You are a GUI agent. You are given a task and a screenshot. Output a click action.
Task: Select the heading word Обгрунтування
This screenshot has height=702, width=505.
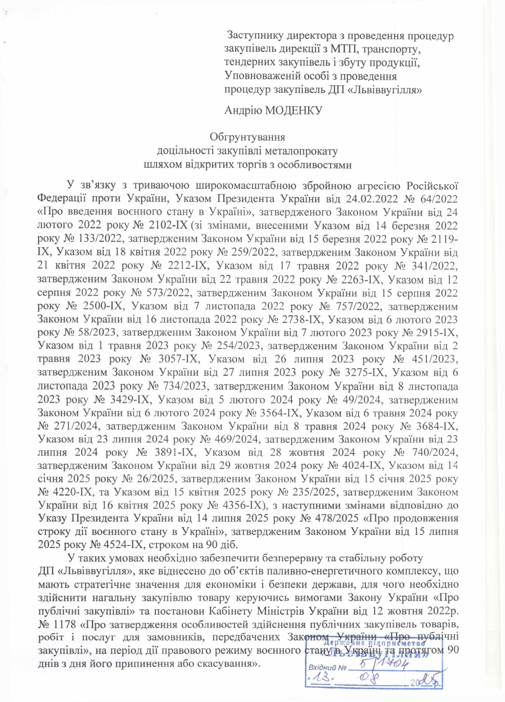point(247,137)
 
